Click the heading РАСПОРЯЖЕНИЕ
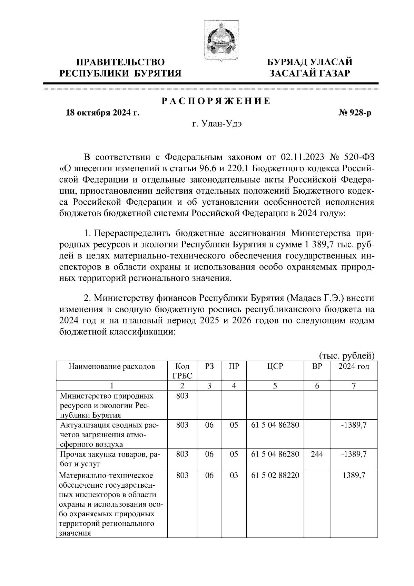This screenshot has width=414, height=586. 216,101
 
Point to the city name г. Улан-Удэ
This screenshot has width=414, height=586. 217,124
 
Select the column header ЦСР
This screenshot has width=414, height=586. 275,367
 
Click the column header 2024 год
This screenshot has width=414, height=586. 354,367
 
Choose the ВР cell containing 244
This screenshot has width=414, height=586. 317,454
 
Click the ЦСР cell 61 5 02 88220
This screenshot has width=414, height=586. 275,475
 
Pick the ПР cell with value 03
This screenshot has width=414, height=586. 234,475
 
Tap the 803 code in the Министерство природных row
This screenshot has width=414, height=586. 182,396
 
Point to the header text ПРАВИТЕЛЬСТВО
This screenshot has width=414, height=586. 120,62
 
